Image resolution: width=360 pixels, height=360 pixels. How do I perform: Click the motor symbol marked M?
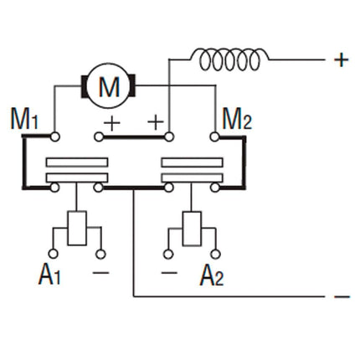tap(109, 85)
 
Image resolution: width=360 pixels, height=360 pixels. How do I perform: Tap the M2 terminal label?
tap(235, 120)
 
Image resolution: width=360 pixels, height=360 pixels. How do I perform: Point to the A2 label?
tap(211, 275)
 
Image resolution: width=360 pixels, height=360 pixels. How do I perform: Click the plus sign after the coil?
tap(341, 59)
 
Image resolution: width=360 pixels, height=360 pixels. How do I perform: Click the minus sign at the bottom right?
tap(341, 296)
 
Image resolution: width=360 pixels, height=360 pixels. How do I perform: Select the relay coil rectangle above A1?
tap(78, 229)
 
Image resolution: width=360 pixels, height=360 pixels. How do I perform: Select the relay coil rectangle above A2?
tap(192, 229)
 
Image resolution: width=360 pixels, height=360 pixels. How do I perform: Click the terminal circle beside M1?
tap(54, 136)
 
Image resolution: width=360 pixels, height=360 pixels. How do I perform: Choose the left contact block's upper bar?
tap(77, 162)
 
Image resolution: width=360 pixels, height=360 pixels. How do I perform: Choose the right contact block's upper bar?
tap(192, 162)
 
